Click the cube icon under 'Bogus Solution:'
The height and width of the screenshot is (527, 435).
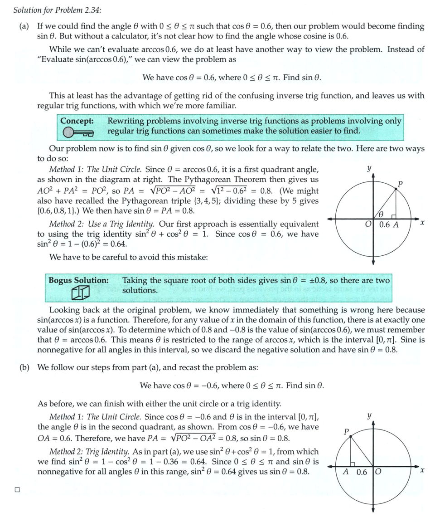(x=80, y=293)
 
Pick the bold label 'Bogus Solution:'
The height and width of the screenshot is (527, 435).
(x=79, y=280)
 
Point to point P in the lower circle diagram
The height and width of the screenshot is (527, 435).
(x=350, y=437)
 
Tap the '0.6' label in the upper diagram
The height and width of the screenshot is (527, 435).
(x=385, y=224)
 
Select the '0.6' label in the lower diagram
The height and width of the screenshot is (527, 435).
(x=361, y=472)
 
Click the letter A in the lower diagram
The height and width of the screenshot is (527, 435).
(x=346, y=472)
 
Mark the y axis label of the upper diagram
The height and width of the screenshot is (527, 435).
(x=370, y=169)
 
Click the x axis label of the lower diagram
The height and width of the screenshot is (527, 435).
(x=422, y=471)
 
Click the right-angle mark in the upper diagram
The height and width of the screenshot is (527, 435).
(x=394, y=217)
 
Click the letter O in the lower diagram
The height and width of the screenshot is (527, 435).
(x=377, y=472)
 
